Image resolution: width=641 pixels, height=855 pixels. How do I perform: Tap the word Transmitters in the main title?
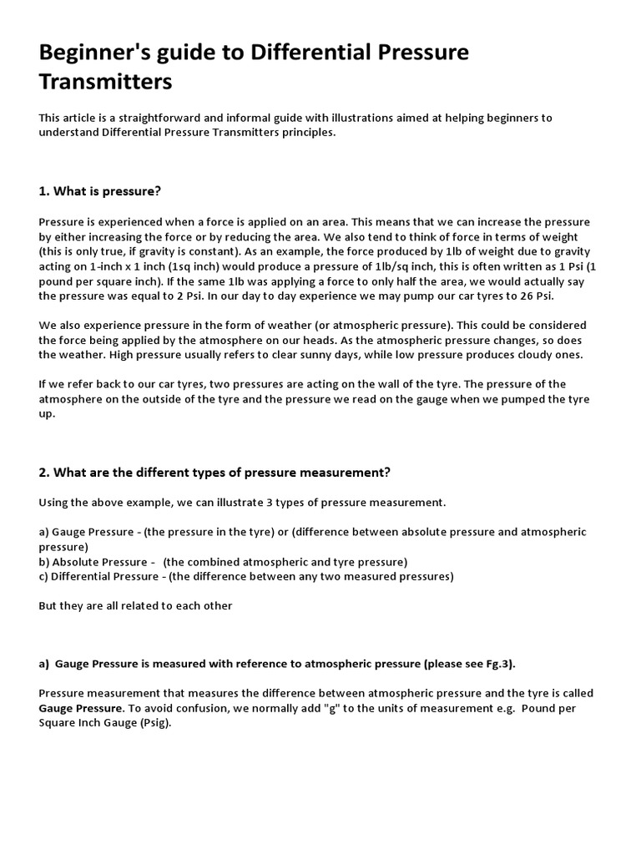(105, 82)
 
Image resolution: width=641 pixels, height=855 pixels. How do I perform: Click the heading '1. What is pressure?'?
(99, 191)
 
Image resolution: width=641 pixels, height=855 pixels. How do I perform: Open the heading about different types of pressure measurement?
(215, 473)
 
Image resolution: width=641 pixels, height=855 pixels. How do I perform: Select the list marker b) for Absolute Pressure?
(44, 562)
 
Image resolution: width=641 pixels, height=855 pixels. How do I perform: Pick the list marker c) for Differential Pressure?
(44, 576)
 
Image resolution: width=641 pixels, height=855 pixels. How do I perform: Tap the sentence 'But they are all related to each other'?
(135, 606)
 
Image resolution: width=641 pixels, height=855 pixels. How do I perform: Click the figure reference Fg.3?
(497, 664)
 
